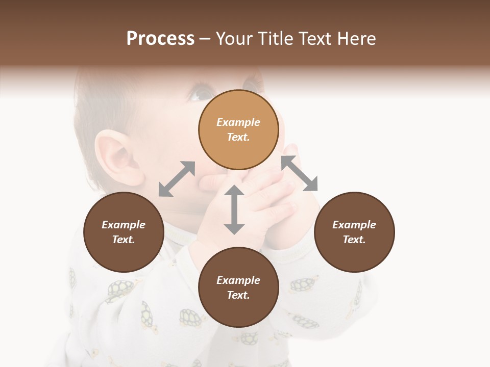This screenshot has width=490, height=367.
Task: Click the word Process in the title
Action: (x=160, y=39)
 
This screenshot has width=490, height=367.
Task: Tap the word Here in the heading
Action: (x=355, y=39)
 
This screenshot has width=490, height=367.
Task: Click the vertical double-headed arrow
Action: (x=234, y=209)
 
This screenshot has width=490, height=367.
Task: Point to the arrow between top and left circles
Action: (x=177, y=179)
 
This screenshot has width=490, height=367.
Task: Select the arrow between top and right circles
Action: (x=299, y=174)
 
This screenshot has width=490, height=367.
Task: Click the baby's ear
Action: (x=116, y=158)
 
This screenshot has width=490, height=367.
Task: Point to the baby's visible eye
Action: (x=202, y=93)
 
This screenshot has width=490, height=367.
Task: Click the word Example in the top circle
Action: (x=238, y=122)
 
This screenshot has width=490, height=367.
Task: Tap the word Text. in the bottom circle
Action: (x=238, y=295)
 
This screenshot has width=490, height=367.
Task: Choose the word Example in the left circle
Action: (x=124, y=225)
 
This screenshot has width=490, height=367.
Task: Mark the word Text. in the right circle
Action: (x=354, y=240)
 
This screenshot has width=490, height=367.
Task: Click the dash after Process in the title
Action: (x=205, y=39)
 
